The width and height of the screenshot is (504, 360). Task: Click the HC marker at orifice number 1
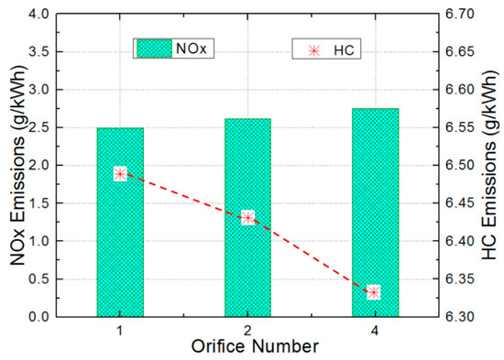[120, 174]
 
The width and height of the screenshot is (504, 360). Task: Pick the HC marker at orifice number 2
[247, 218]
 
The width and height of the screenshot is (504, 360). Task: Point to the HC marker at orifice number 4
[373, 293]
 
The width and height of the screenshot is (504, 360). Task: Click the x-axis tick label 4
[373, 328]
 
